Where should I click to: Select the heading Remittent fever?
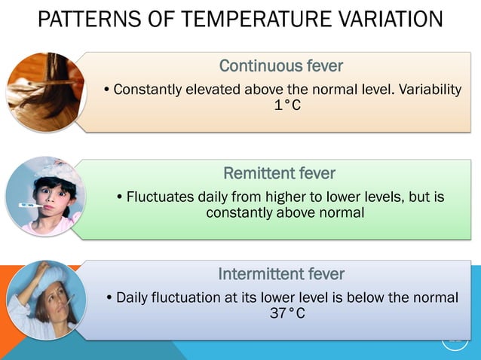pos(280,174)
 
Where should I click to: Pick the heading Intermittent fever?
pos(281,273)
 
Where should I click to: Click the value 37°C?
pos(287,313)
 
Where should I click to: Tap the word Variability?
pos(427,90)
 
